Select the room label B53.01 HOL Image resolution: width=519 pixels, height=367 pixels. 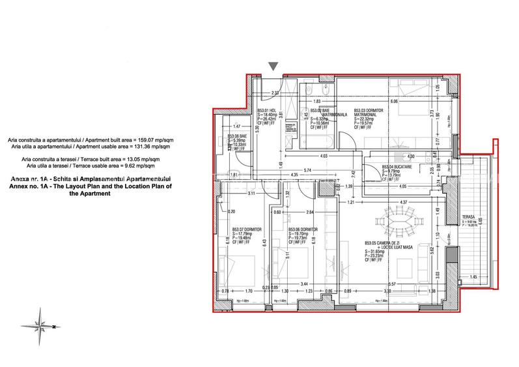[x=266, y=111]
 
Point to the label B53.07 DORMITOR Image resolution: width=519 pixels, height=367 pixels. [x=247, y=229]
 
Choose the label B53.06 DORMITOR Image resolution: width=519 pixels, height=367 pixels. [x=303, y=229]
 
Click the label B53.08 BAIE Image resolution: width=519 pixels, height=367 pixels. [x=236, y=136]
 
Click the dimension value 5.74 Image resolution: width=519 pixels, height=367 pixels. [x=317, y=170]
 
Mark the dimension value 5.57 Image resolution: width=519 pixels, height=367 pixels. [x=391, y=284]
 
